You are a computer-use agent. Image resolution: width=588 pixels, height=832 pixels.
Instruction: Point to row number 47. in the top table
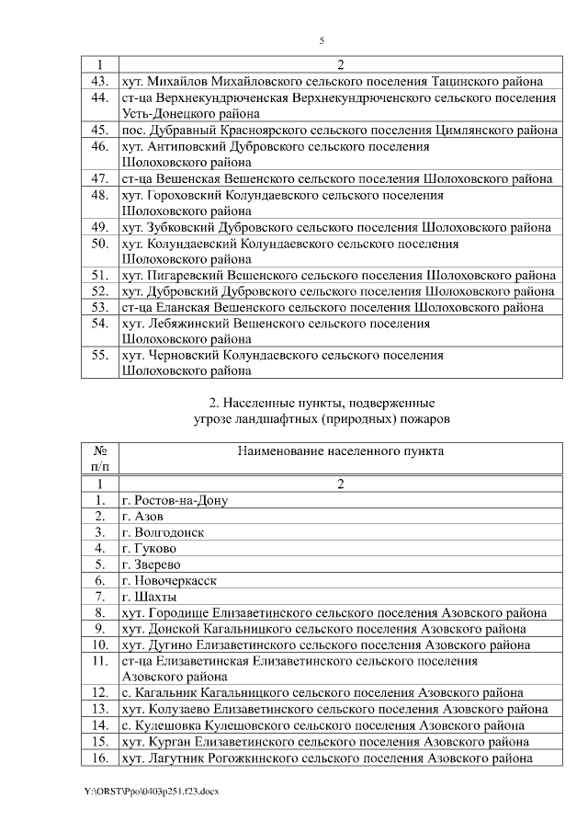tap(100, 178)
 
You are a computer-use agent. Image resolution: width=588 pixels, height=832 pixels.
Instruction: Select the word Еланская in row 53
tap(180, 307)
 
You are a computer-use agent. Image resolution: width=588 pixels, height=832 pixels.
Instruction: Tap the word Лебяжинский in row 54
tap(184, 324)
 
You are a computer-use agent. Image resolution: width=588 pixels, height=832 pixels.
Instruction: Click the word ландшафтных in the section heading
tap(291, 419)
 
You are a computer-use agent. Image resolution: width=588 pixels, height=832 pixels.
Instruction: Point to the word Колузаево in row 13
tap(179, 710)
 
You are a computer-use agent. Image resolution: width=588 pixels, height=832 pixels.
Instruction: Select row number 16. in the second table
tap(100, 758)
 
